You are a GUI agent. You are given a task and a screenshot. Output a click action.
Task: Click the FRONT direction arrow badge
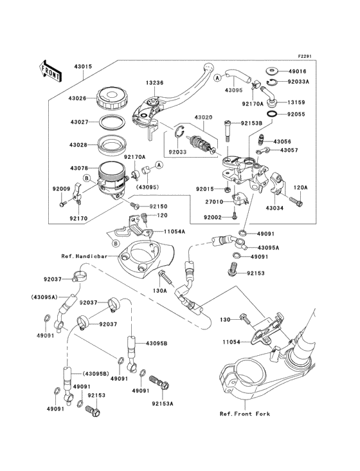50,70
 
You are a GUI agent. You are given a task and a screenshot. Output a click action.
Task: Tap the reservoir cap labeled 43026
113,98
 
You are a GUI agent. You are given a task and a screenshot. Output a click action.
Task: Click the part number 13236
155,83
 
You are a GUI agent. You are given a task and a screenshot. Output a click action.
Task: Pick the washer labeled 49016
270,71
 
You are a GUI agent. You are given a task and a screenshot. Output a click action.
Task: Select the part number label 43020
204,118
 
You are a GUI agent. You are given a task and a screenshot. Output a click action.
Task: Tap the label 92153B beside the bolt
253,123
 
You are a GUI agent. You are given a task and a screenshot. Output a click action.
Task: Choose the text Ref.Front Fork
244,414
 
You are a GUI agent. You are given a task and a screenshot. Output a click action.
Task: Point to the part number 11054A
174,231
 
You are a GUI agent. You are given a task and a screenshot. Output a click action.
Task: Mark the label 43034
274,207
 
